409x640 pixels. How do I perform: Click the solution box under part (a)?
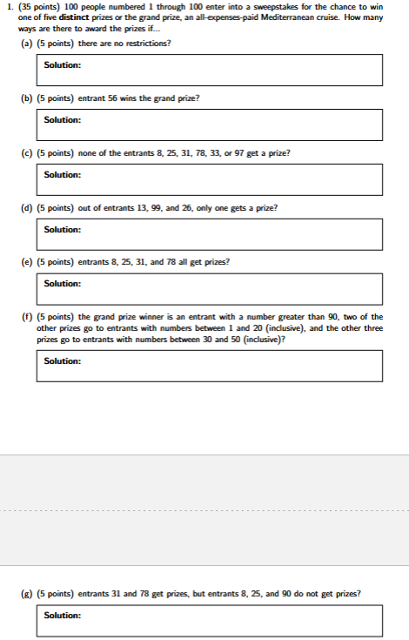209,70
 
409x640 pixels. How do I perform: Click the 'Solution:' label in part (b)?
63,120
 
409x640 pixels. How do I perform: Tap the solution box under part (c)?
209,179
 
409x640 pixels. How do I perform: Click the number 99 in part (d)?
149,207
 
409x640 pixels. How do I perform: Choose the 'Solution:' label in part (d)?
63,230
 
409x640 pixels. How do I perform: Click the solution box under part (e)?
209,288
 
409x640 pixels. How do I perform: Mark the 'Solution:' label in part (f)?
63,360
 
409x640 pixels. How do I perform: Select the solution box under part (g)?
209,621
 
